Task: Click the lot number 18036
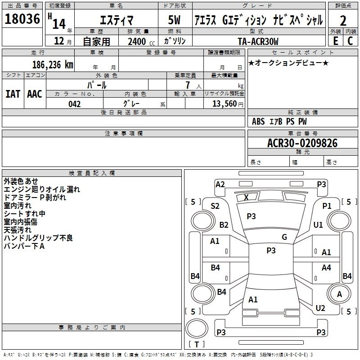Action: click(22, 19)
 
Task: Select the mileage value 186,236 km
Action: click(53, 65)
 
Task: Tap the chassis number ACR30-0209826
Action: click(302, 143)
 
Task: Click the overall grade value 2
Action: click(343, 21)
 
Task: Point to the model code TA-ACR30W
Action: click(258, 41)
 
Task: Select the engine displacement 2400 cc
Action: click(141, 42)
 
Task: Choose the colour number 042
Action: click(75, 104)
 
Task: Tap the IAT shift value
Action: click(13, 94)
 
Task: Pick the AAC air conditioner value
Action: click(35, 94)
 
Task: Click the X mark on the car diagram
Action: click(246, 197)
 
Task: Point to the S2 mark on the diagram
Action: click(215, 206)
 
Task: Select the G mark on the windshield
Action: click(284, 237)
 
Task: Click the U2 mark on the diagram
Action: click(320, 308)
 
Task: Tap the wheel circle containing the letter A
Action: click(339, 294)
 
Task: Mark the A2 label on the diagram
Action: click(220, 184)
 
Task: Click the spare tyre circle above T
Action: click(197, 328)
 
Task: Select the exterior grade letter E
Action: click(336, 41)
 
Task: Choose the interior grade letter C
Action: click(350, 41)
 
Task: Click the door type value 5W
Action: click(174, 20)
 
